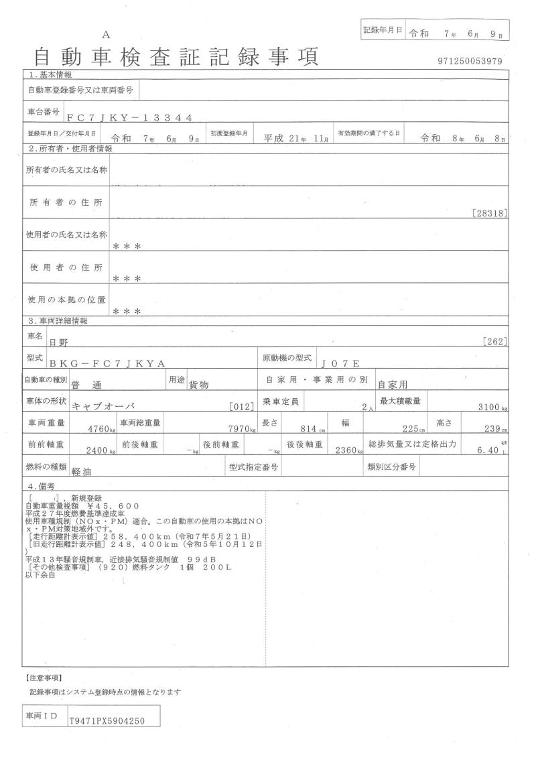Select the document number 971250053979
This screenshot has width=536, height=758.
click(469, 62)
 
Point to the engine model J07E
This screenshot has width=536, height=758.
click(341, 364)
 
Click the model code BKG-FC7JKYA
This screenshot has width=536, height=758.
click(107, 364)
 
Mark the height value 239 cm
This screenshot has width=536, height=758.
click(495, 428)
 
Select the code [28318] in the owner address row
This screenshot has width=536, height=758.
click(490, 214)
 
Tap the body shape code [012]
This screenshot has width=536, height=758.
click(239, 407)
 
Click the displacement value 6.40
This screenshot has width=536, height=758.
click(487, 450)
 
